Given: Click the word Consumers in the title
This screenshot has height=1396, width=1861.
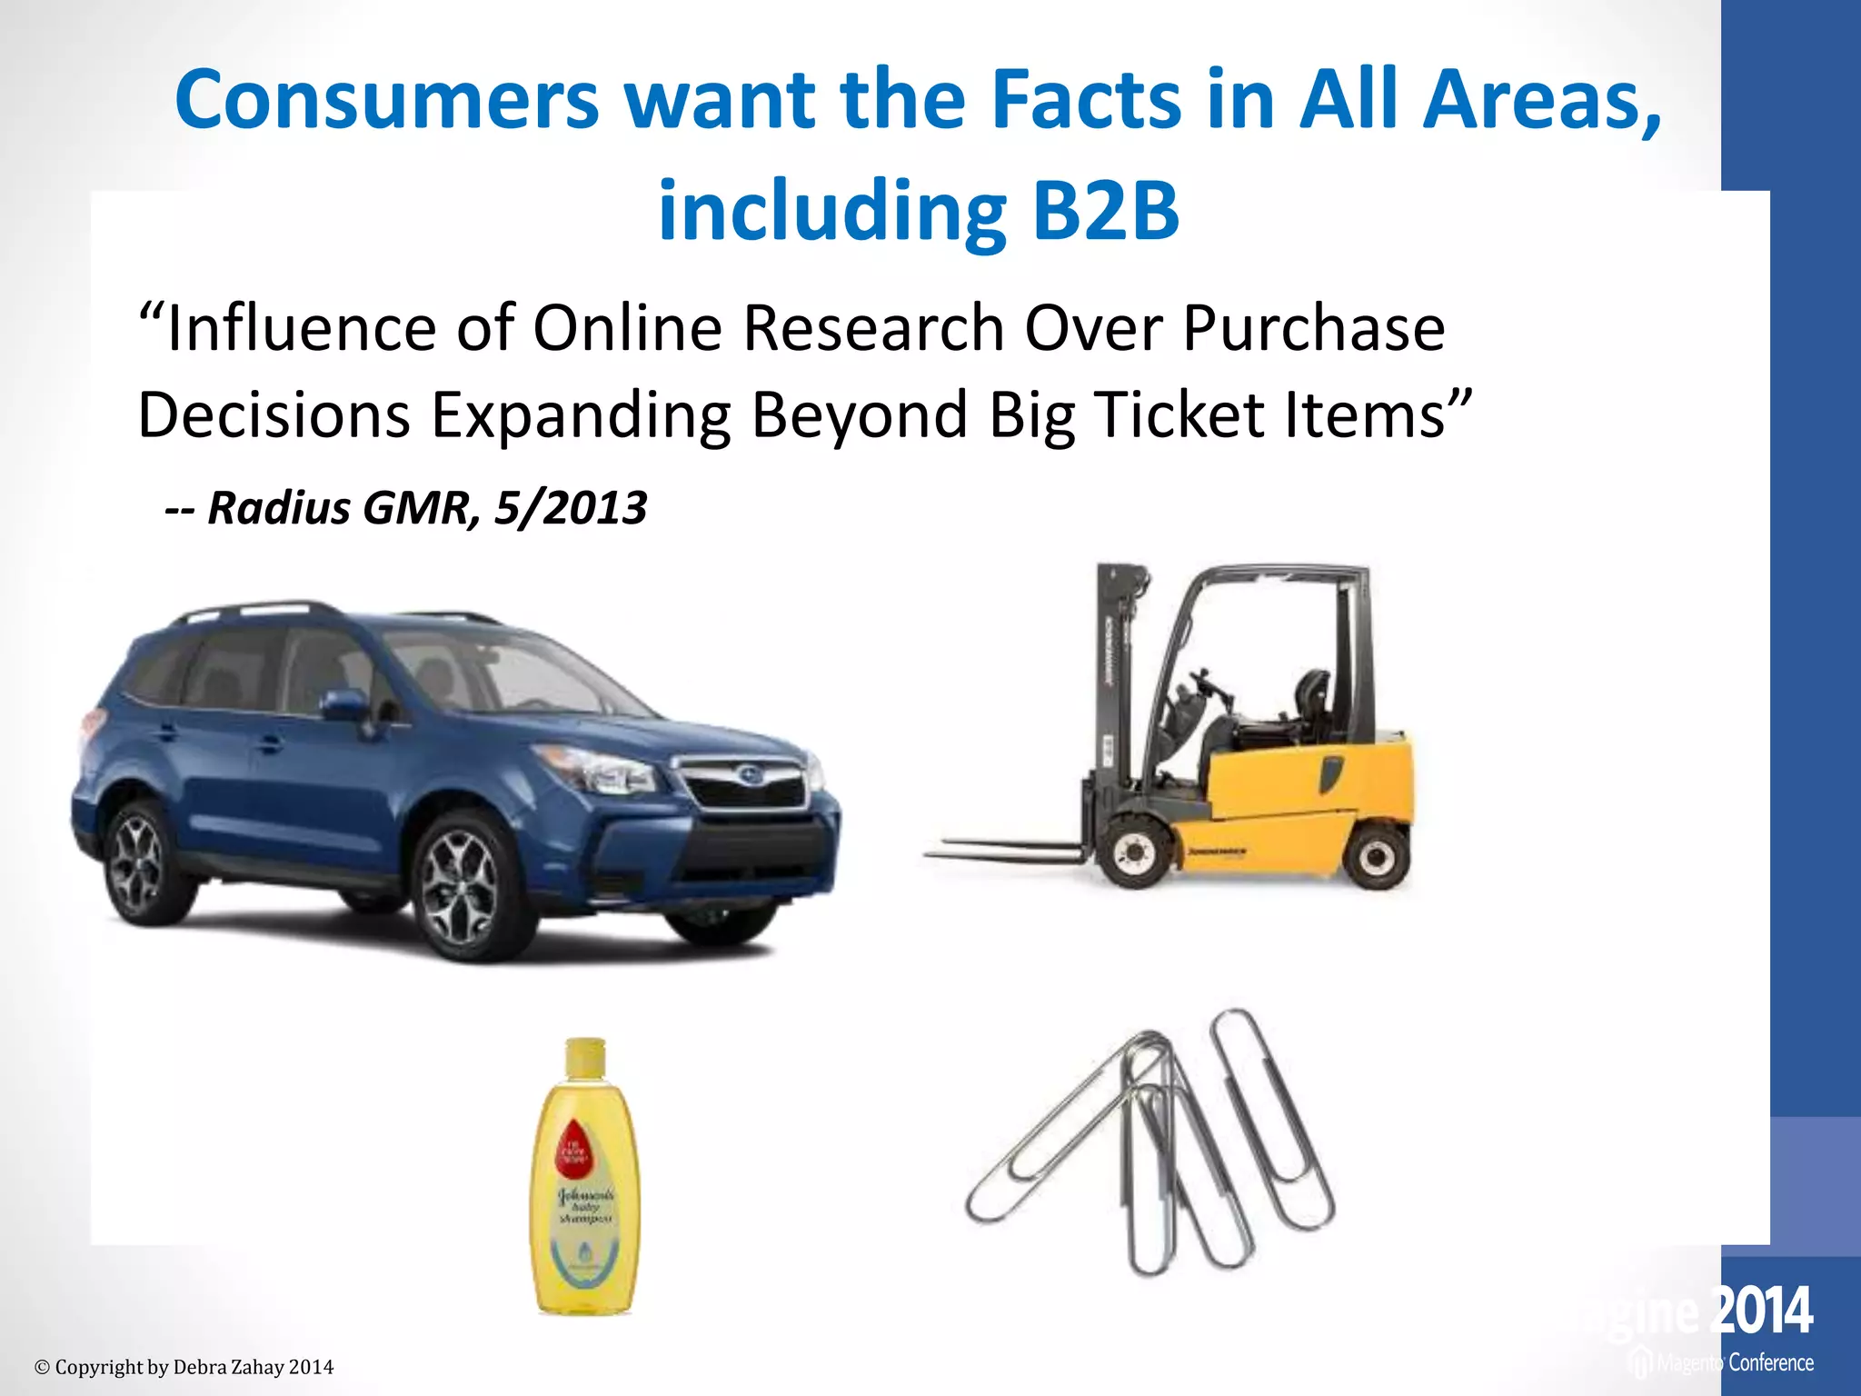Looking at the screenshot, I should [387, 100].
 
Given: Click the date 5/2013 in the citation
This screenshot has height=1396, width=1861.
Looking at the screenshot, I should [570, 507].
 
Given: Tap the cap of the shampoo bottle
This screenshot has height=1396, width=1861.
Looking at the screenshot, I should [585, 1057].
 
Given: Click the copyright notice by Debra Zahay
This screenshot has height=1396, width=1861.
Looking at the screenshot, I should [184, 1367].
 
